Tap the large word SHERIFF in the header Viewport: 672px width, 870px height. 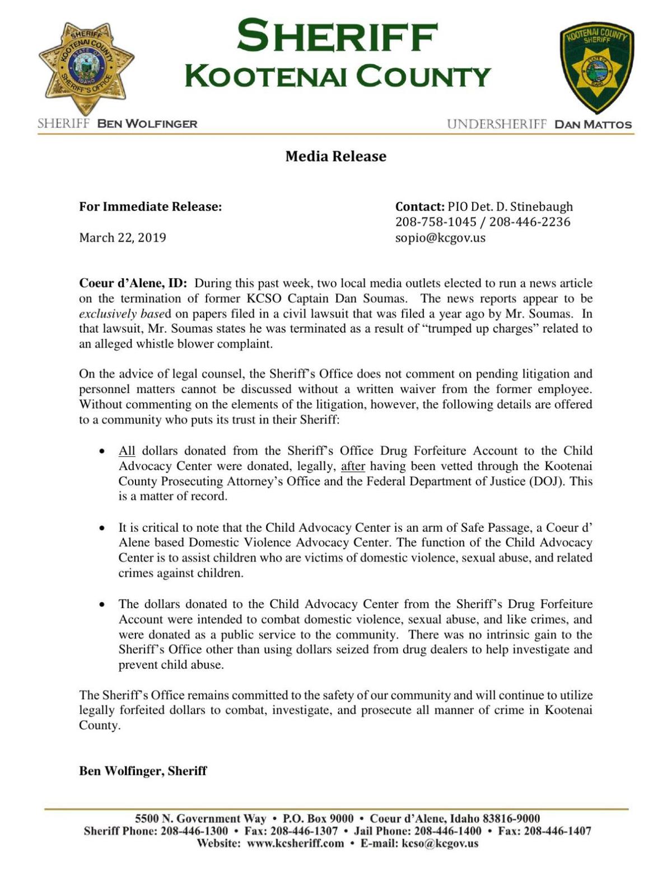[337, 36]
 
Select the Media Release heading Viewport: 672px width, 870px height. [335, 156]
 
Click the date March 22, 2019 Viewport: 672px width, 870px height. [123, 237]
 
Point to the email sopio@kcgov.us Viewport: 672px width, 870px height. [440, 237]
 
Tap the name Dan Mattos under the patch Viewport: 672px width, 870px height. [592, 124]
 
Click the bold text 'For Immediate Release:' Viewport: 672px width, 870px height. [150, 207]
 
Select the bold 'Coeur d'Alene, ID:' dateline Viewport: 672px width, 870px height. [133, 283]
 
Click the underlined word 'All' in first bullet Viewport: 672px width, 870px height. [127, 451]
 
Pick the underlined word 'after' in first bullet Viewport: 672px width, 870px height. [353, 466]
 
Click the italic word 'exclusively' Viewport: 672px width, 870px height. [106, 314]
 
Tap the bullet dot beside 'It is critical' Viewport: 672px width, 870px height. [102, 528]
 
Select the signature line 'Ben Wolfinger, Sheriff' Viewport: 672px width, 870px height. [143, 771]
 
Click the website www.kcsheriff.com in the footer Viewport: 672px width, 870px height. [295, 844]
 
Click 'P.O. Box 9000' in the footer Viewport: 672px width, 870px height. [318, 818]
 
